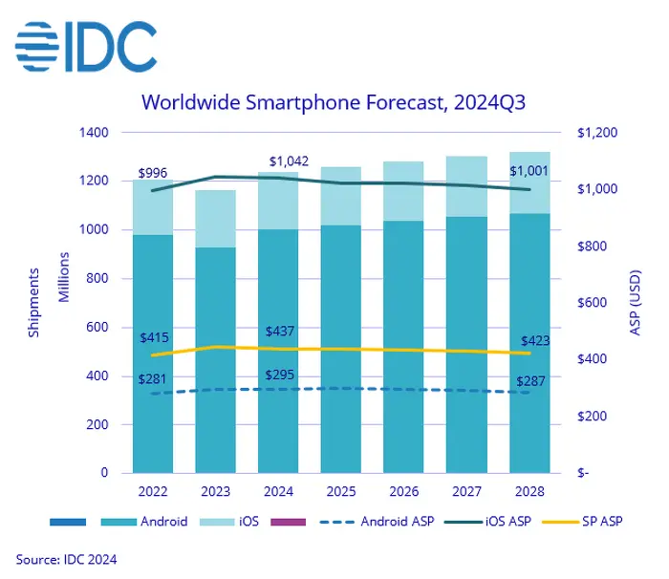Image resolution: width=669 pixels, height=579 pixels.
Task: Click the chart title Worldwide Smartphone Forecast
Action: tap(334, 101)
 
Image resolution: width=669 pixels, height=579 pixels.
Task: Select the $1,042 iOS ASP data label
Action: tap(288, 161)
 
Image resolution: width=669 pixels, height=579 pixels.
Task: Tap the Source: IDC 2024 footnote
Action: tap(67, 559)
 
